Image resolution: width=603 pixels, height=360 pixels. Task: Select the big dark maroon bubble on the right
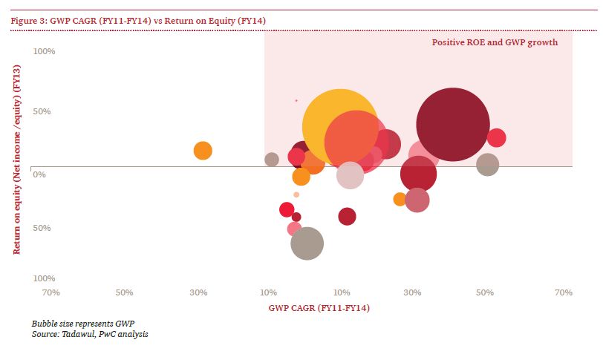click(x=453, y=124)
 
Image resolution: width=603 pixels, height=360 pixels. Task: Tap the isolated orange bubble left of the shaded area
click(x=203, y=151)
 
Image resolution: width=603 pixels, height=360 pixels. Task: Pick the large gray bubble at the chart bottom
click(x=307, y=243)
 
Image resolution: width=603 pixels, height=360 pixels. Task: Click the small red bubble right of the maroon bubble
click(x=496, y=137)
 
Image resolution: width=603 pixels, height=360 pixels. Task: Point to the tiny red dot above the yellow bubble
click(x=296, y=100)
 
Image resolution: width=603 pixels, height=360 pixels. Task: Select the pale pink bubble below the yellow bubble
click(x=350, y=175)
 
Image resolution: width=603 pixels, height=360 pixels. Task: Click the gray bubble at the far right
click(x=487, y=164)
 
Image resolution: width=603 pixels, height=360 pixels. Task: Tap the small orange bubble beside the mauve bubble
click(x=400, y=199)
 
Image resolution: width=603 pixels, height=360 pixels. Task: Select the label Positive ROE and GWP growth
click(x=495, y=42)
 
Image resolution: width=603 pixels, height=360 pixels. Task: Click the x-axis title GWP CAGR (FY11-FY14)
click(x=319, y=307)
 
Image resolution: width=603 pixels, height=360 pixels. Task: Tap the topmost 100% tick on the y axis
click(x=45, y=51)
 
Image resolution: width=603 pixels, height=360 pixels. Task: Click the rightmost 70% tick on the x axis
click(x=564, y=292)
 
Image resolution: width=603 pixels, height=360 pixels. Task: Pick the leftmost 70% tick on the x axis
click(x=50, y=292)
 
